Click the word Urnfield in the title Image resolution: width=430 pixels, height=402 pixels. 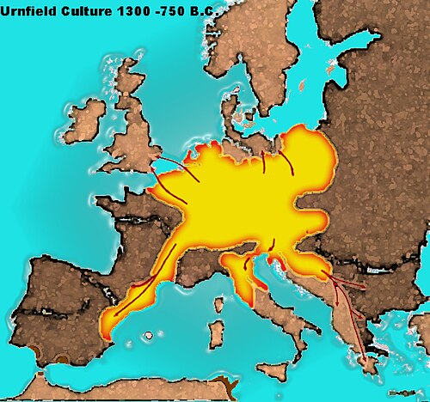[32, 11]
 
